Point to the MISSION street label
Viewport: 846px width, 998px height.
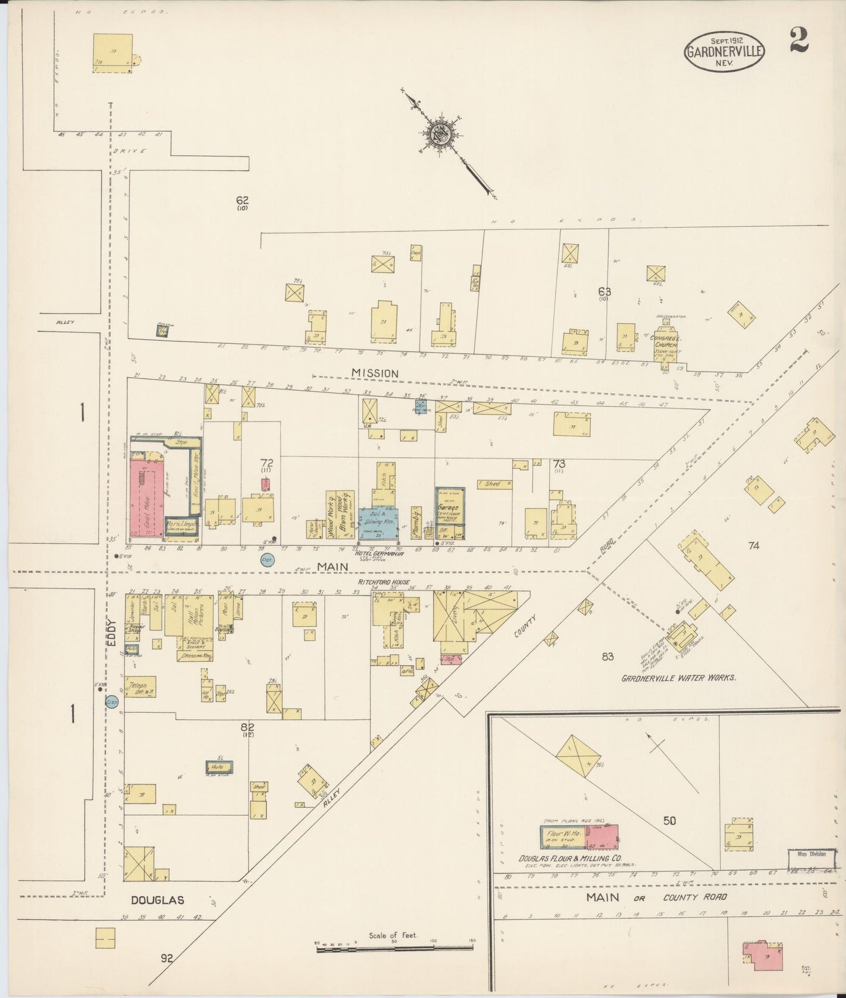coord(375,373)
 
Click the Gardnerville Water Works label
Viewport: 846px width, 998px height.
coord(678,678)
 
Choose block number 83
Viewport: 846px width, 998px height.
coord(607,657)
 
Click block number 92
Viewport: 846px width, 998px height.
coord(167,959)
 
